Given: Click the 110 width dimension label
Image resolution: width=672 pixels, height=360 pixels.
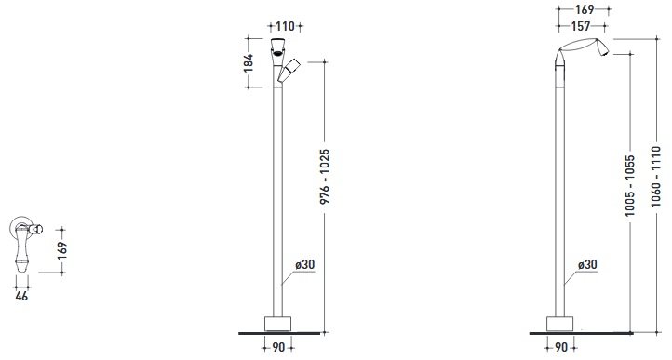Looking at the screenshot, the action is coord(285,26).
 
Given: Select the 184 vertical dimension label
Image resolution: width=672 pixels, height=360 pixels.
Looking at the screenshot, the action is coord(249,63).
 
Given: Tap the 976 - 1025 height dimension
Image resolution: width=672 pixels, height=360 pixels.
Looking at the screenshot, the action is coord(325,176).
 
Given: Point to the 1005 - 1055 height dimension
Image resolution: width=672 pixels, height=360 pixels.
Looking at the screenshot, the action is coord(630,185).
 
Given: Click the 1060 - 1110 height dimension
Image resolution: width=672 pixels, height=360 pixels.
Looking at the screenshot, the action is coord(656,176).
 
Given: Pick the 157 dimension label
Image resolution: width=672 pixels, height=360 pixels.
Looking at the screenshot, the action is coord(581,26).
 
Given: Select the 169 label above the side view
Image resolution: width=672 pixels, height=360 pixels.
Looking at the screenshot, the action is coord(585,9).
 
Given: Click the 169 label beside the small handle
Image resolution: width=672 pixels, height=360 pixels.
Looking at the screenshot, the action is coord(62,251).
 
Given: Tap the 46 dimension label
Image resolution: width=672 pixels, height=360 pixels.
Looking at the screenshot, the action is coord(21,296).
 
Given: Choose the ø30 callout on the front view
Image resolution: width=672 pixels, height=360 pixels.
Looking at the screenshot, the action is coord(304,264).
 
